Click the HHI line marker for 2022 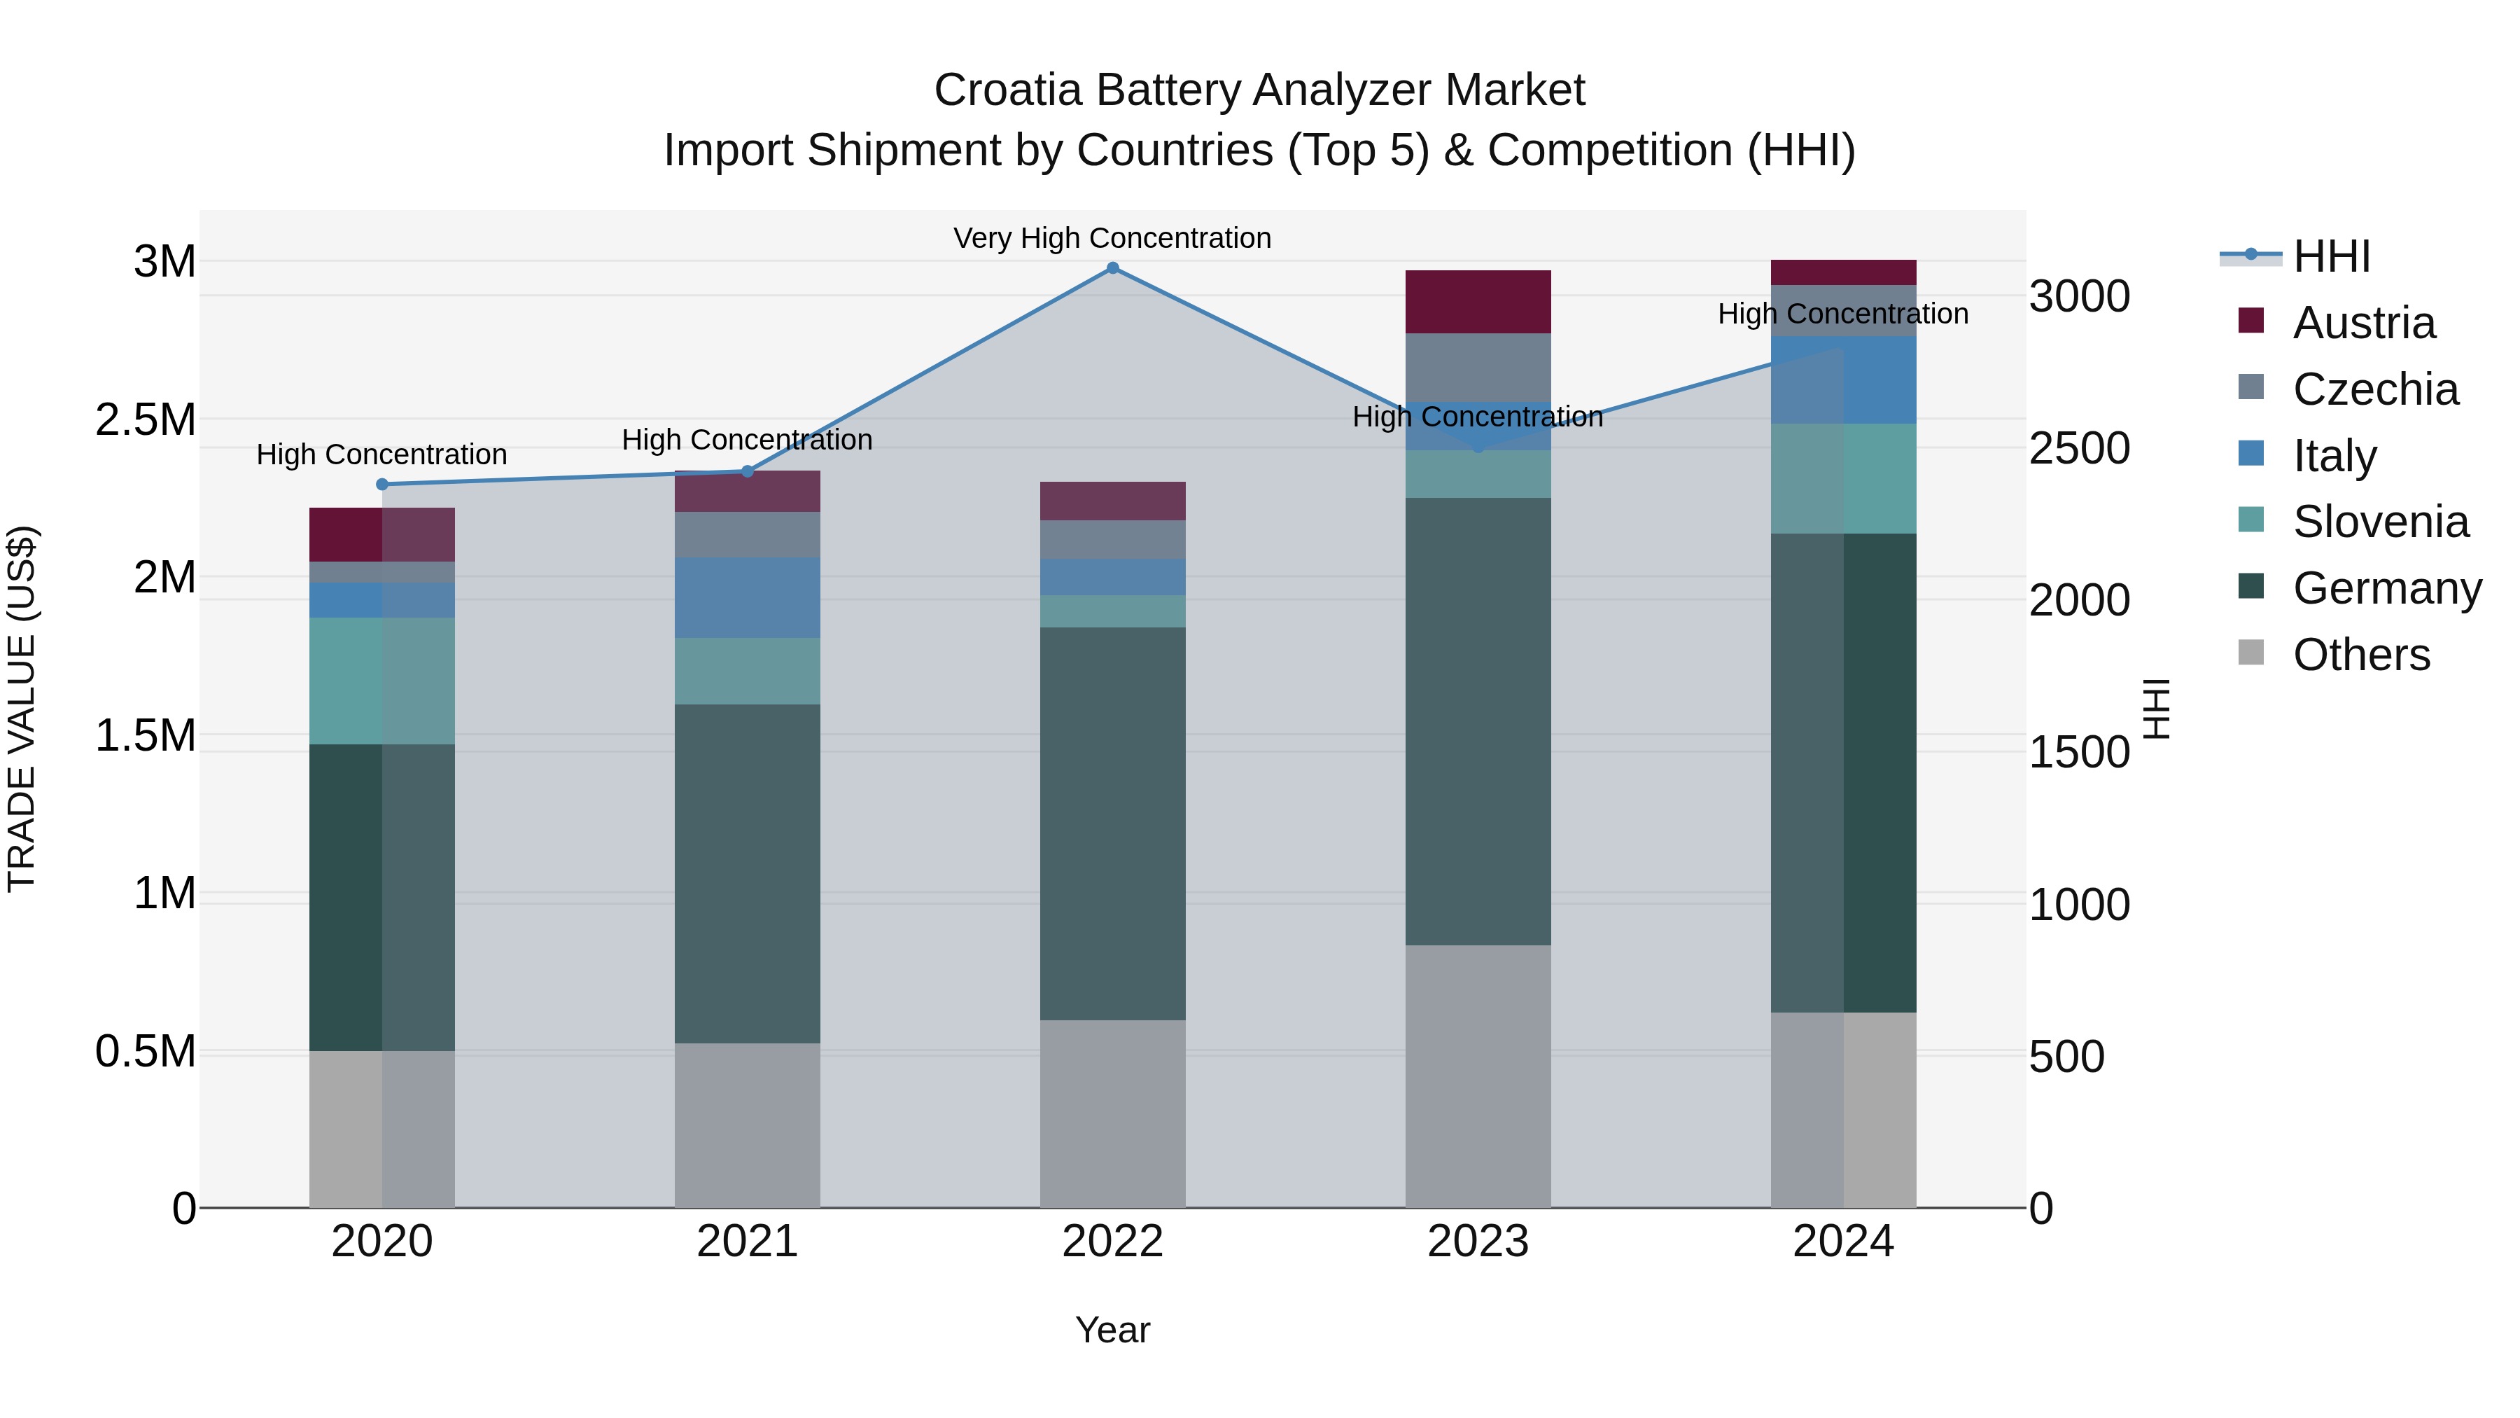click(1112, 268)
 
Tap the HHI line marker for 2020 click(382, 485)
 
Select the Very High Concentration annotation click(1112, 238)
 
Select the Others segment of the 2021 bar click(748, 1125)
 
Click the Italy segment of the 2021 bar click(748, 598)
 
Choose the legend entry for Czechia click(2374, 389)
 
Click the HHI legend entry click(2330, 256)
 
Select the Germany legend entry click(2386, 588)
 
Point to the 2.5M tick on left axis click(145, 420)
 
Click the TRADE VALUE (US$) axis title click(22, 709)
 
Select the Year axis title click(1112, 1330)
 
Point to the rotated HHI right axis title click(2156, 709)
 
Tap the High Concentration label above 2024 click(1843, 314)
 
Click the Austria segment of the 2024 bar click(1843, 272)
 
